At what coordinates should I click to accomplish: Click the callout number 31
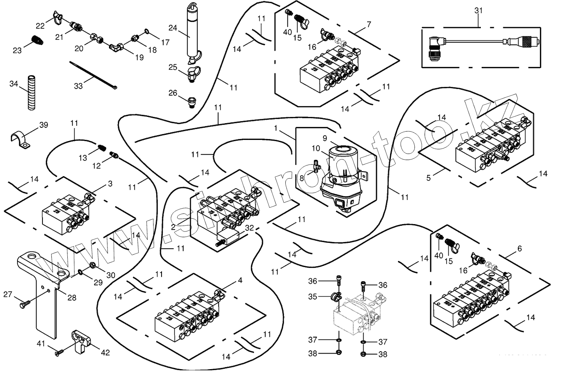pyautogui.click(x=479, y=11)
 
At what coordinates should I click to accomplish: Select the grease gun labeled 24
pyautogui.click(x=192, y=33)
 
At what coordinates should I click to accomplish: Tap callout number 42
pyautogui.click(x=105, y=353)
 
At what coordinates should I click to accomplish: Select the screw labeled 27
pyautogui.click(x=25, y=303)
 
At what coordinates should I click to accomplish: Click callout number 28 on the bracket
pyautogui.click(x=72, y=298)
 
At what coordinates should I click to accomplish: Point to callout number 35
pyautogui.click(x=313, y=296)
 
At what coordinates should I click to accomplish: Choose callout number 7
pyautogui.click(x=368, y=24)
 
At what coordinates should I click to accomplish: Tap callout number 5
pyautogui.click(x=429, y=178)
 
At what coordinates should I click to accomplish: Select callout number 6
pyautogui.click(x=519, y=248)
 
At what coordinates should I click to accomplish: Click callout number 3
pyautogui.click(x=110, y=183)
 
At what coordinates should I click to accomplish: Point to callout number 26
pyautogui.click(x=172, y=93)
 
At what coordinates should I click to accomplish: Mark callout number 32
pyautogui.click(x=250, y=228)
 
